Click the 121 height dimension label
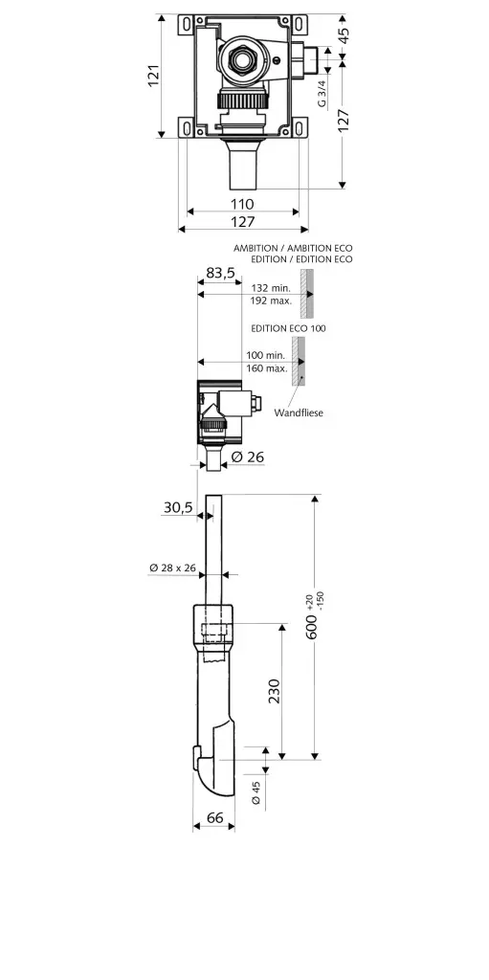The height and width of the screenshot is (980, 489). pos(153,76)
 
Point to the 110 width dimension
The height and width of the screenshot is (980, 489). pos(242,204)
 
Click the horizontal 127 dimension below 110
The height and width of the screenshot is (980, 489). pos(242,221)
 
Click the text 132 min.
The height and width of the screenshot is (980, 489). pos(271,287)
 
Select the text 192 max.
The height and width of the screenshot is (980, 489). pos(271,301)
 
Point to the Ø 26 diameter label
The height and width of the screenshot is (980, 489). pos(246,457)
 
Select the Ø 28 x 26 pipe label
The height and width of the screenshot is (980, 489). pos(172,568)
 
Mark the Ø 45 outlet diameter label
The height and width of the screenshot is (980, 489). pos(256,792)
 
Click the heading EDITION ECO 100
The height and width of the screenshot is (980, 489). pos(288,328)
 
